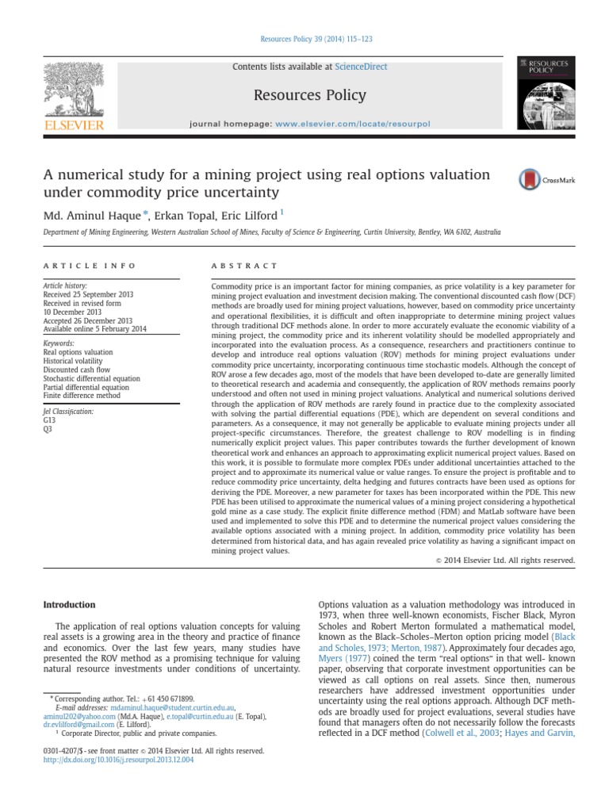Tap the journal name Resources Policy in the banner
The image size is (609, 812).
point(309,96)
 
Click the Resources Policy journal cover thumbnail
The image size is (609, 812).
point(546,93)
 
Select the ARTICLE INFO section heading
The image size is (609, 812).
point(90,265)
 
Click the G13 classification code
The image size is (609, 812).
point(49,421)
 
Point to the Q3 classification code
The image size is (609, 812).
point(48,430)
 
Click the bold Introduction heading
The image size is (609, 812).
point(69,605)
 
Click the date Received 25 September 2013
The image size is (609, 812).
point(88,294)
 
